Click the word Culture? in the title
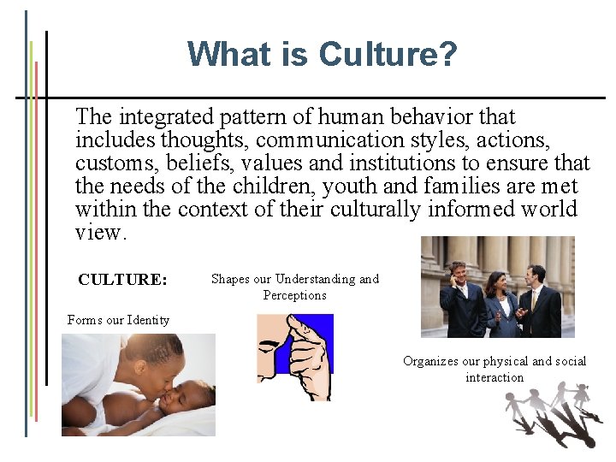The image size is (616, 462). point(388,55)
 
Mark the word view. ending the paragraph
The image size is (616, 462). point(101,232)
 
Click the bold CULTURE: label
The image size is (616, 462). point(122,280)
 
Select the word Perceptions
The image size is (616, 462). point(294,295)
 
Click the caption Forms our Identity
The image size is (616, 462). point(118,320)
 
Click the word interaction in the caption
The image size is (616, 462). point(495,377)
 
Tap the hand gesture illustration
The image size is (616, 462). point(295,356)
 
